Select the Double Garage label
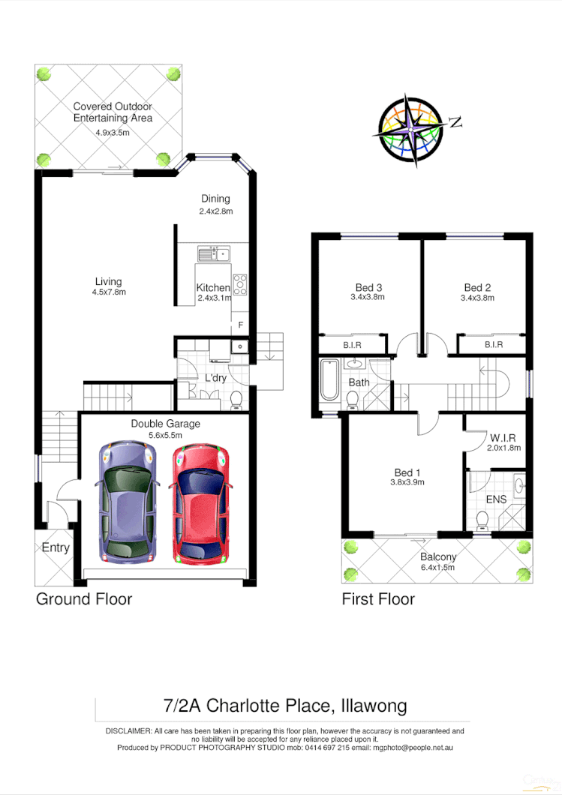pos(166,424)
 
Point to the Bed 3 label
pos(368,287)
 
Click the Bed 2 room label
pos(477,287)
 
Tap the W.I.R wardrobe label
pos(503,437)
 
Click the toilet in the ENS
pos(483,520)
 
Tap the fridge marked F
pos(240,325)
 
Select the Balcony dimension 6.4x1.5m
pos(438,567)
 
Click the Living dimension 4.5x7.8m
pos(108,292)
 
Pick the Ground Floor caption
pos(84,598)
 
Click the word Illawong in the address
pos(373,706)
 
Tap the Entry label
pos(55,547)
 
